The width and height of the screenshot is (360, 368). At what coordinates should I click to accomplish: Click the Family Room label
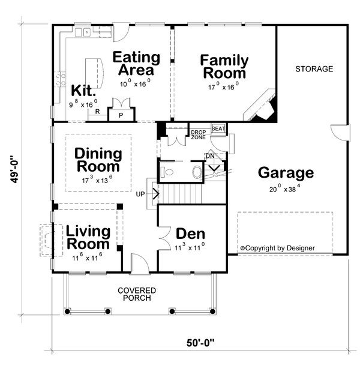point(224,67)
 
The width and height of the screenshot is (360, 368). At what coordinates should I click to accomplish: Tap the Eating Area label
point(137,64)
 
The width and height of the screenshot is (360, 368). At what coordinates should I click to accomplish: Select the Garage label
point(286,173)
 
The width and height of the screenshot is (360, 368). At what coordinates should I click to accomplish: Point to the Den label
point(190,234)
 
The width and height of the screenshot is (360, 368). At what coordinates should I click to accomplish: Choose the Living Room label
point(88,238)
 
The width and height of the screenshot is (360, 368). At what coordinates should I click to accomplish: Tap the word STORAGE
point(313,69)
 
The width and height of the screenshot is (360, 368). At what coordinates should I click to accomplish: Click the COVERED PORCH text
point(137,294)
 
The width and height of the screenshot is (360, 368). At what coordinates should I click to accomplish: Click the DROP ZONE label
point(199,134)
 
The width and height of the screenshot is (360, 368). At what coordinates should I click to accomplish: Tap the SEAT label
point(219,128)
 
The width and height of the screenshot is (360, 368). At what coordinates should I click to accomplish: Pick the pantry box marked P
point(121,115)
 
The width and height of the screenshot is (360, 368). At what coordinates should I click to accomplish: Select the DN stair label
point(209,155)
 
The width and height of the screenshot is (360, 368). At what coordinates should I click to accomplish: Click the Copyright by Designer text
point(277,247)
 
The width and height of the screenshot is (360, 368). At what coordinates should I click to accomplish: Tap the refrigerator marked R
point(97,111)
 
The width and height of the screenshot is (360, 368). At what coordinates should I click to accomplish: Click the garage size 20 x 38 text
point(286,189)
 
